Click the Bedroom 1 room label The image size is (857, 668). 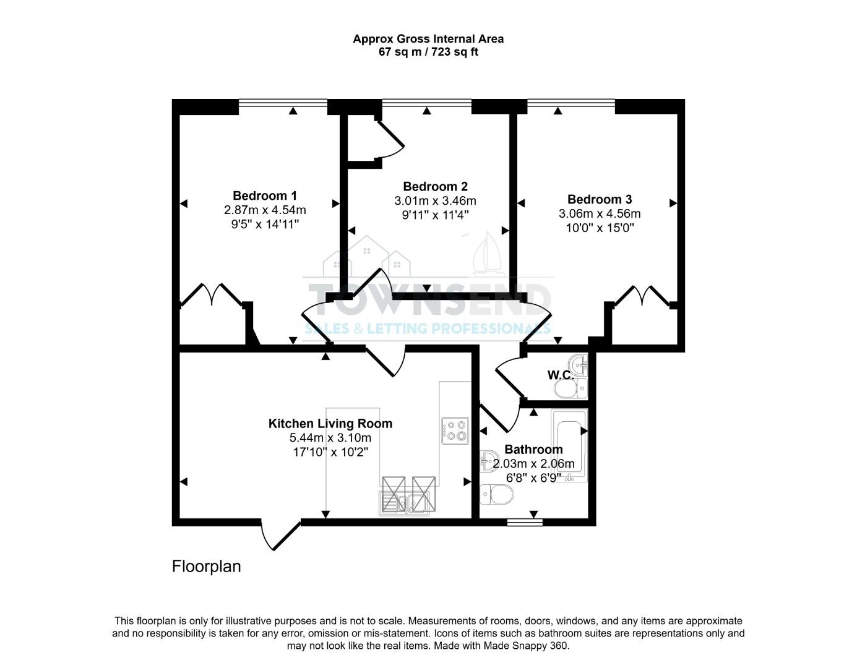(x=264, y=195)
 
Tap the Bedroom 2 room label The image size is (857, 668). (x=435, y=186)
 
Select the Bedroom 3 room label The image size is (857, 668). (x=599, y=199)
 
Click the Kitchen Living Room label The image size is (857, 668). (x=330, y=424)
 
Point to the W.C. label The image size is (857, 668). (x=561, y=375)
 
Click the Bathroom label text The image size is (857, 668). (x=533, y=450)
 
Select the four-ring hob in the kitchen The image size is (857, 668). (x=455, y=430)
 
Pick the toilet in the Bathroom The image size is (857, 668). (x=497, y=494)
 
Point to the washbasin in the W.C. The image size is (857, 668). (x=579, y=365)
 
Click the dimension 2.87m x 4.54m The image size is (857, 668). (x=265, y=210)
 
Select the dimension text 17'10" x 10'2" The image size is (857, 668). (x=330, y=452)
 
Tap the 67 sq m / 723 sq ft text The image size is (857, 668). (x=428, y=52)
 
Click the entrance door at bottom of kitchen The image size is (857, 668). (x=281, y=536)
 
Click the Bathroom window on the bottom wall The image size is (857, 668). (x=524, y=523)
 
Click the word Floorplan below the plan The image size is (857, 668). (x=206, y=566)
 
